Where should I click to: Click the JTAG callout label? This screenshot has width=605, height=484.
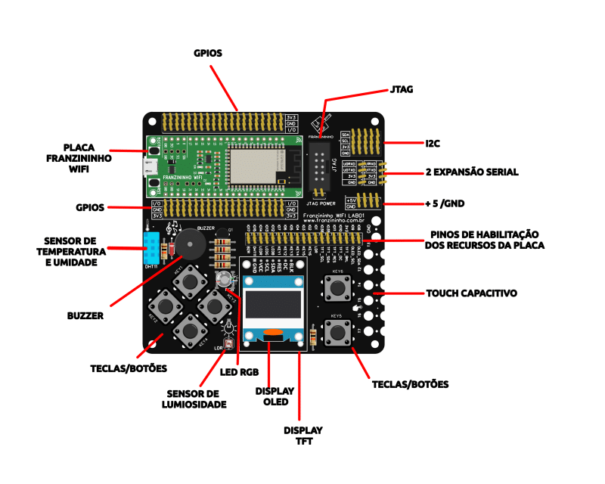pyautogui.click(x=402, y=89)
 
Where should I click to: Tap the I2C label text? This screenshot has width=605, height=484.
pyautogui.click(x=433, y=142)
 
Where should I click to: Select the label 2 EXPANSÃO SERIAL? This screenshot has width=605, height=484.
pyautogui.click(x=472, y=172)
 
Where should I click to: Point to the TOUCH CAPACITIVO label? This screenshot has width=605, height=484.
pyautogui.click(x=472, y=293)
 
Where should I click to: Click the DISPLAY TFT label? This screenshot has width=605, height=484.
pyautogui.click(x=302, y=436)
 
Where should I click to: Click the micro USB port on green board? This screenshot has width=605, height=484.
pyautogui.click(x=151, y=166)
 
